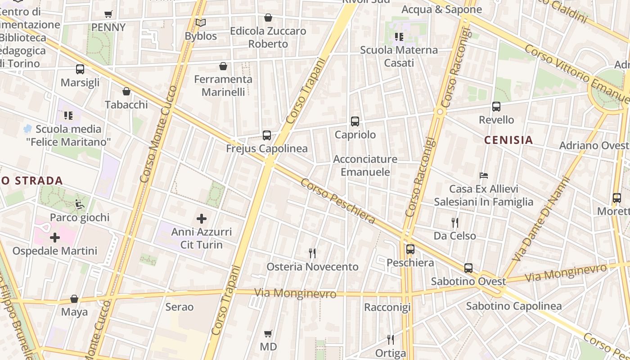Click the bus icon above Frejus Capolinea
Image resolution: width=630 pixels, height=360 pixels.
click(267, 135)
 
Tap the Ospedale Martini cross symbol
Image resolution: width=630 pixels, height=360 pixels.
click(55, 237)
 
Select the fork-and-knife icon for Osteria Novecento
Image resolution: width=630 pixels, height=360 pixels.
click(312, 253)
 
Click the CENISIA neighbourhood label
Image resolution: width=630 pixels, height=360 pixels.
click(508, 140)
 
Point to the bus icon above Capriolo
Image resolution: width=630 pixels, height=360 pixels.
click(355, 121)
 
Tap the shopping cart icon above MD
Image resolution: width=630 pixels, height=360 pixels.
click(268, 333)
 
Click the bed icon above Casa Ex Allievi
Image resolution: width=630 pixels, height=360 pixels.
click(484, 175)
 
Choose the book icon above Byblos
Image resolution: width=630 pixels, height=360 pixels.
click(201, 22)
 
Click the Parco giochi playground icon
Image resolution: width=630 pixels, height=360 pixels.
click(80, 204)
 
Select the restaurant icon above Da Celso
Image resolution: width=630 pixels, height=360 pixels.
click(455, 222)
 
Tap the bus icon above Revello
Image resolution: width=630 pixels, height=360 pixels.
click(496, 107)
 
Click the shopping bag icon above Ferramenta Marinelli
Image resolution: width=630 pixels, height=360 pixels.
click(223, 66)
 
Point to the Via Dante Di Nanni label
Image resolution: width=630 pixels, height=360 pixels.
click(542, 219)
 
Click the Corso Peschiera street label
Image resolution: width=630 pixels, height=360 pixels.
click(337, 201)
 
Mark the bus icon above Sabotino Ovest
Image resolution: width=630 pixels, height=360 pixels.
click(468, 268)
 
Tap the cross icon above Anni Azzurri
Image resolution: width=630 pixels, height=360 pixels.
click(202, 219)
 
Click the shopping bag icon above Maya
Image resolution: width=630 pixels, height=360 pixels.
click(74, 299)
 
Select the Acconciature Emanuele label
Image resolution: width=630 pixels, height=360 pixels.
click(365, 165)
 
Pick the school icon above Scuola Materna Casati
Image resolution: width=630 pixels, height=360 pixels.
click(399, 36)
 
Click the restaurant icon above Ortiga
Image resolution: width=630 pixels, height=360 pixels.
click(391, 340)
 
